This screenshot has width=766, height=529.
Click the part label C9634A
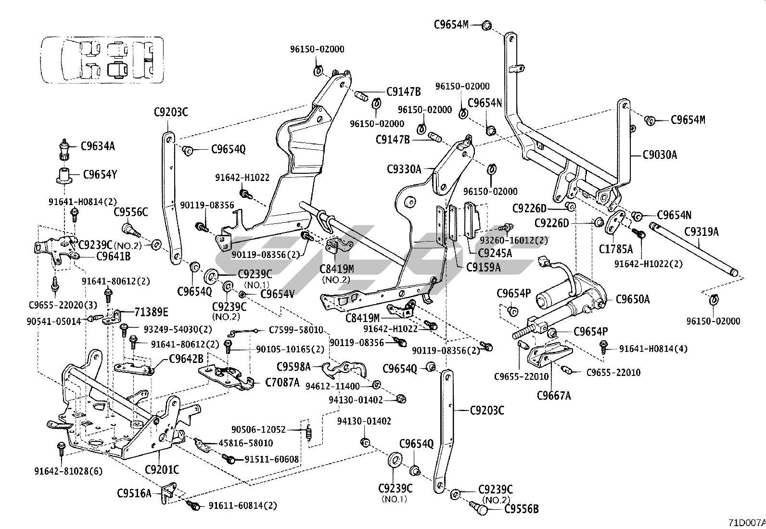(x=98, y=146)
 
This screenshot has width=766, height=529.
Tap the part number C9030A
(x=660, y=155)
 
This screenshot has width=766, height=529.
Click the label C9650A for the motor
(x=633, y=299)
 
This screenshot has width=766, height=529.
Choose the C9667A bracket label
(x=554, y=396)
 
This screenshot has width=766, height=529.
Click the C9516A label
(x=134, y=493)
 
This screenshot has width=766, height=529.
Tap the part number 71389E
(x=151, y=312)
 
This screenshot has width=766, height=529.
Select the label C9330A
(x=404, y=169)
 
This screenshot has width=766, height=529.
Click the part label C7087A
(x=282, y=382)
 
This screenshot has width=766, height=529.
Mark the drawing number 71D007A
(x=746, y=522)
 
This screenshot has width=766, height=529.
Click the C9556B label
(x=522, y=509)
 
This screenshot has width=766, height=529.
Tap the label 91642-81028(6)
(x=68, y=471)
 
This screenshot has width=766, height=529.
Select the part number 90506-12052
(x=258, y=429)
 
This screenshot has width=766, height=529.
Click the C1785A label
(x=616, y=249)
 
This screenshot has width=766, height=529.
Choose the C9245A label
(x=495, y=253)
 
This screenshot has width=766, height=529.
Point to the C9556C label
(x=130, y=212)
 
